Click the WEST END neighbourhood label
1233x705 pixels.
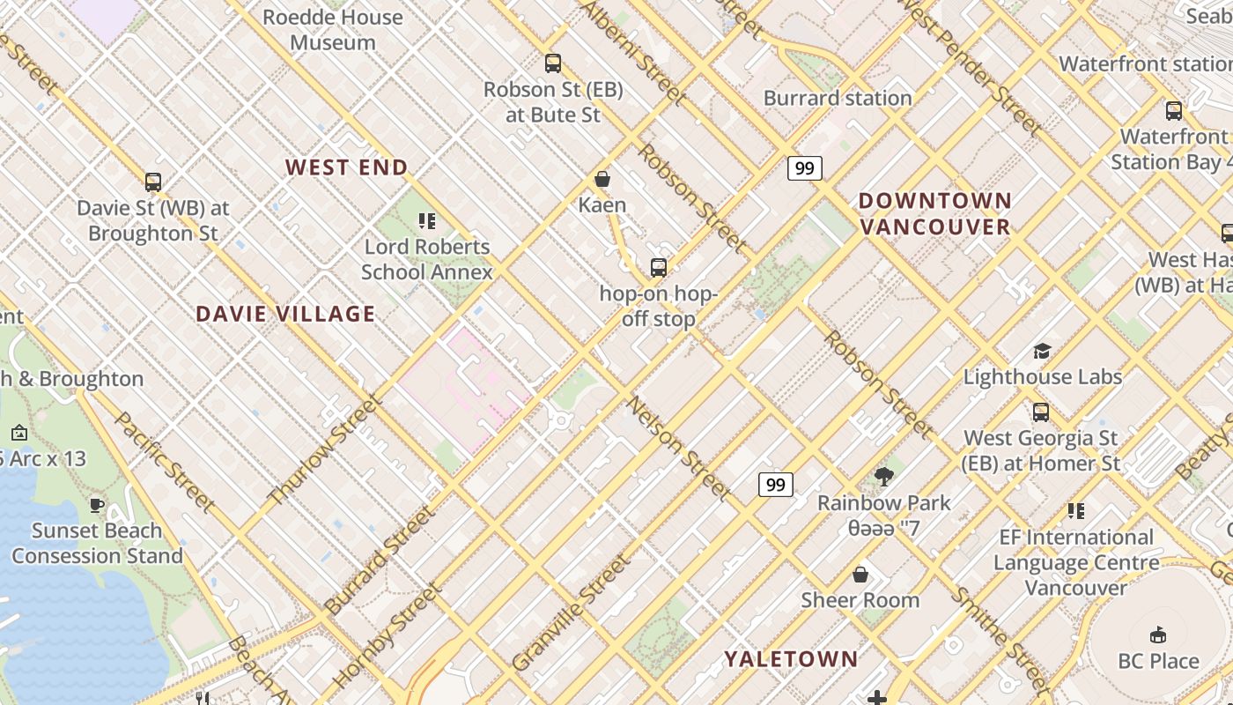pos(346,167)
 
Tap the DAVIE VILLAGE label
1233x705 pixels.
pos(285,314)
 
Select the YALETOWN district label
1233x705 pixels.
pos(791,659)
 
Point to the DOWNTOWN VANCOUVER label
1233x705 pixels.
pos(935,214)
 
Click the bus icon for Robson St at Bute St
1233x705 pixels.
pos(553,63)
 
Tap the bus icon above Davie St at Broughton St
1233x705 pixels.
pos(153,182)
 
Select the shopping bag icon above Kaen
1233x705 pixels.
pos(602,180)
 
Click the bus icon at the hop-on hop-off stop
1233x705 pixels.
pos(658,268)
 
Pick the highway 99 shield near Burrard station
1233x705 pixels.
pos(804,167)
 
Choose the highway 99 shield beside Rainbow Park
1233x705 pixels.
pos(775,485)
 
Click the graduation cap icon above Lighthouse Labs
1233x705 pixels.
pos(1042,352)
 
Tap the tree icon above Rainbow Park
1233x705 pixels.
pos(883,478)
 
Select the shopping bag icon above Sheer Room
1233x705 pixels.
pos(860,575)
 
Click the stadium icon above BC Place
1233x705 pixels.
pos(1158,635)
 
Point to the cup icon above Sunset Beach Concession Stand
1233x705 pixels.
pos(97,505)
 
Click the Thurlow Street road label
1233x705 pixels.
pos(324,449)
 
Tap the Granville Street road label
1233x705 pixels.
pos(571,612)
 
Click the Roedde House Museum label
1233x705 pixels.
pos(333,29)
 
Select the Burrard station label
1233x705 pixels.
pos(837,98)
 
